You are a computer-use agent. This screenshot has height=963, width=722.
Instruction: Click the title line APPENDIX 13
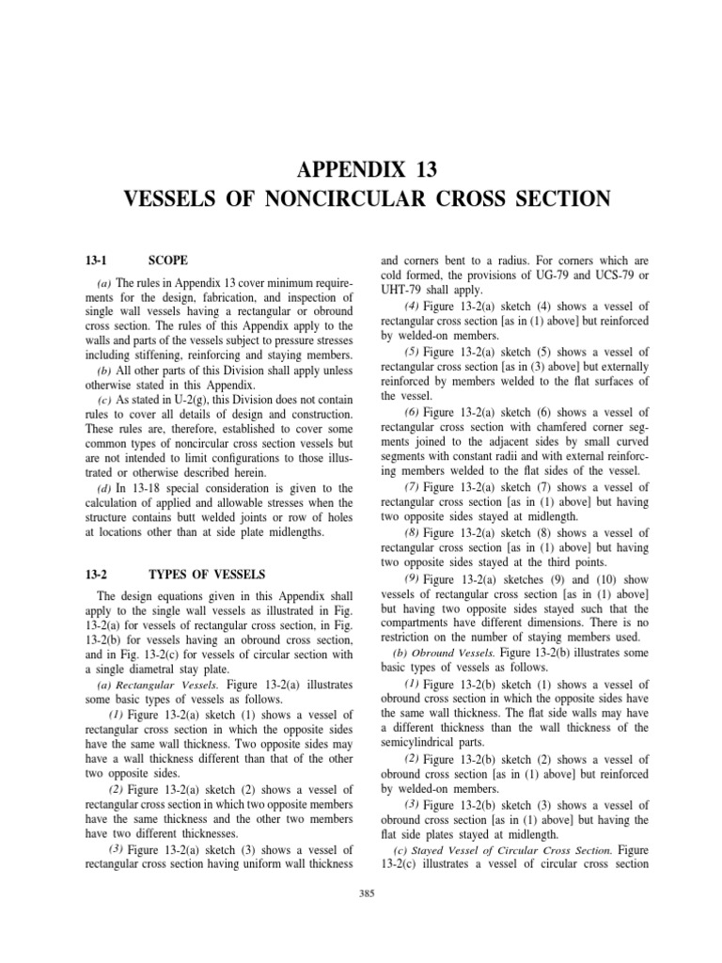[x=361, y=170]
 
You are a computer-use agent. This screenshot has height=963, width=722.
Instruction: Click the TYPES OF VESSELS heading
[x=208, y=574]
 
